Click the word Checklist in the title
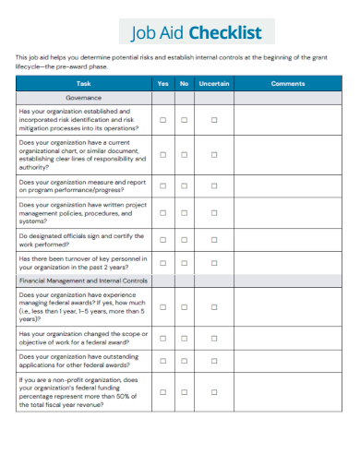(x=225, y=33)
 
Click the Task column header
(x=84, y=84)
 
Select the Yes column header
(x=163, y=84)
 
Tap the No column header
(x=184, y=84)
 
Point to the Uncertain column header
(x=214, y=84)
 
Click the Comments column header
(x=288, y=84)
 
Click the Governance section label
(x=84, y=97)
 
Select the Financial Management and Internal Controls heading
(x=84, y=279)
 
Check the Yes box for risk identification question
(x=163, y=119)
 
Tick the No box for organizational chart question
(x=184, y=156)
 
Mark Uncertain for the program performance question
(x=214, y=186)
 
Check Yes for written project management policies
(x=163, y=214)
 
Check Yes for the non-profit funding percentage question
(x=163, y=392)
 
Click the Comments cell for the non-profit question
(x=288, y=392)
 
